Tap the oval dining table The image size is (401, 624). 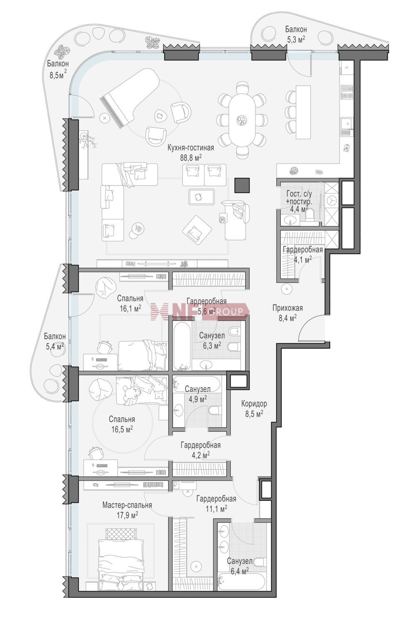coord(242,119)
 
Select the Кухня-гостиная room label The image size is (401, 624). coord(191,148)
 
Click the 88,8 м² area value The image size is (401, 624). coord(191,158)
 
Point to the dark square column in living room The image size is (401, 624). coord(242,185)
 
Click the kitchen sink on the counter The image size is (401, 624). coord(347,126)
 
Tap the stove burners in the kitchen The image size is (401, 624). coord(347,92)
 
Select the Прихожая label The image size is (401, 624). coord(287,308)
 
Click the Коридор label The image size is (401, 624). coord(254,404)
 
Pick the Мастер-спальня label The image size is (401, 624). coord(127,505)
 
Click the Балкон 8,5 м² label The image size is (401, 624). coord(58,69)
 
